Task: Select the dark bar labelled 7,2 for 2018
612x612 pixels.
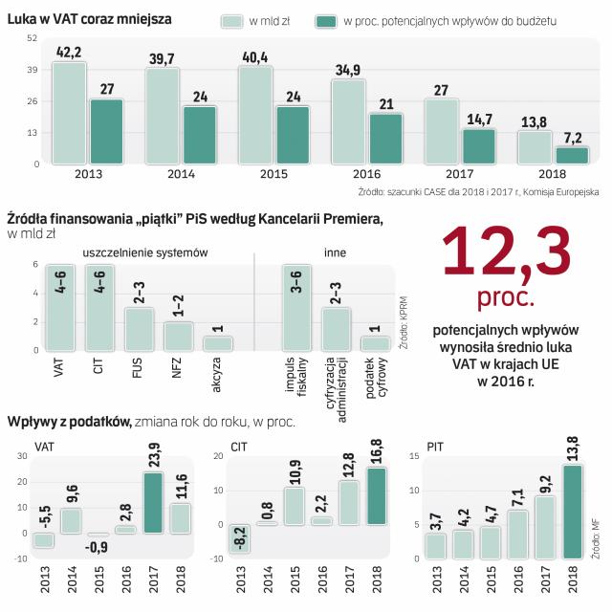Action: (572, 155)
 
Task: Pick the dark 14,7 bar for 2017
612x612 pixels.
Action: (479, 146)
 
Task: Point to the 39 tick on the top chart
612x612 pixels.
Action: (32, 70)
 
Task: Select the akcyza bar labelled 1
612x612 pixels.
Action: (217, 343)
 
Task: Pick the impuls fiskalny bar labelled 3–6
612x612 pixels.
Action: (296, 308)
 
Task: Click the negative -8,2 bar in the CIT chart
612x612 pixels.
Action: (243, 538)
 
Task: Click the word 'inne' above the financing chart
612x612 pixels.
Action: (335, 252)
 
